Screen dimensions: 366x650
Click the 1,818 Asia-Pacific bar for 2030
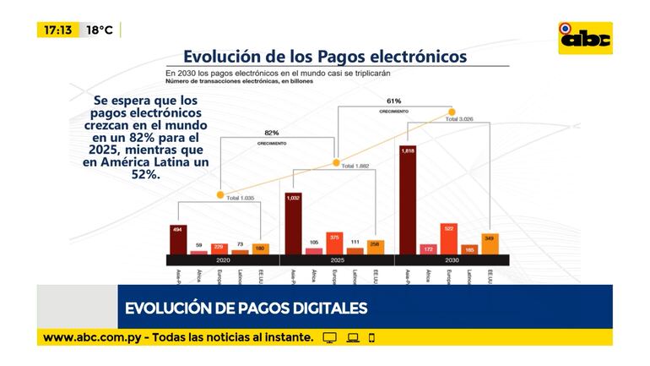click(408, 199)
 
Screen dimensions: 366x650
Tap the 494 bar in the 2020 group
click(178, 239)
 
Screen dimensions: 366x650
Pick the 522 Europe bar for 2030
click(448, 238)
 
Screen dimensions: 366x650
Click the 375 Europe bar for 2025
click(334, 243)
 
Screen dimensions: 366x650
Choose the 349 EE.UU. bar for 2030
click(490, 243)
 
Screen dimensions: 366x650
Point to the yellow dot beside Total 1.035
click(220, 196)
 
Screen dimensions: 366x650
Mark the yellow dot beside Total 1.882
click(335, 163)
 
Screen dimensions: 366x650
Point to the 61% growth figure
click(393, 101)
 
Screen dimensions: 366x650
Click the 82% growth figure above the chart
click(271, 133)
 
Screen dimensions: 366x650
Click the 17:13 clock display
click(58, 30)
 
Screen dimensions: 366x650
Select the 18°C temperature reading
click(100, 30)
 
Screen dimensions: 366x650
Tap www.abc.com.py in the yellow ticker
click(93, 337)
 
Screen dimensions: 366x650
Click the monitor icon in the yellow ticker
click(330, 337)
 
